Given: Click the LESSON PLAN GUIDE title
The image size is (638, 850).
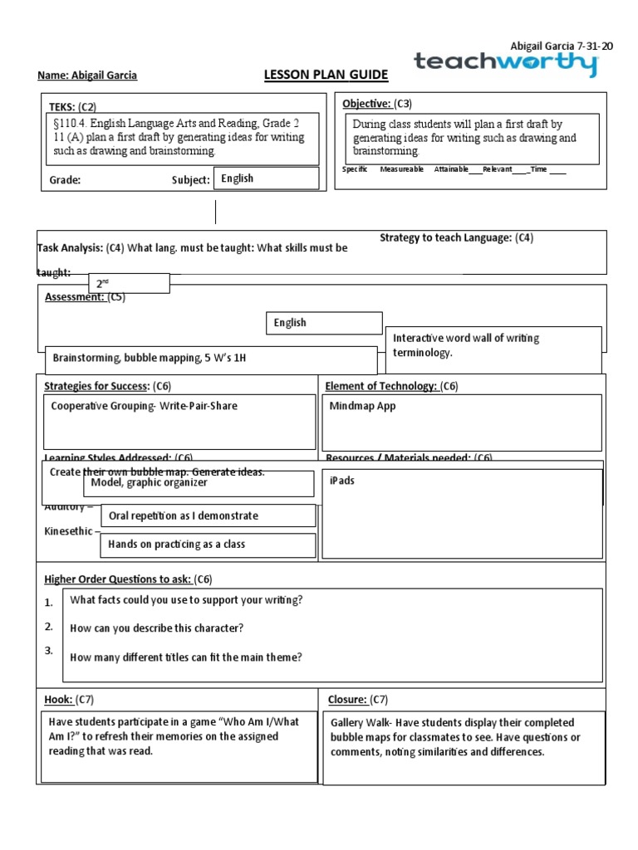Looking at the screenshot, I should click(326, 76).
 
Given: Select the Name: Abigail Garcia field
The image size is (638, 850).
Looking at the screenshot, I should click(87, 76).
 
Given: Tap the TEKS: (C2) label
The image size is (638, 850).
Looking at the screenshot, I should click(73, 107).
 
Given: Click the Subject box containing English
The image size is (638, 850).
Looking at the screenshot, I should click(266, 178).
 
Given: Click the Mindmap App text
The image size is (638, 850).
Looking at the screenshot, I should click(362, 406).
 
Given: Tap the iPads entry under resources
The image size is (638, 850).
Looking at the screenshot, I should click(342, 481).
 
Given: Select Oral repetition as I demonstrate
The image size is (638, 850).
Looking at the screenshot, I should click(184, 515).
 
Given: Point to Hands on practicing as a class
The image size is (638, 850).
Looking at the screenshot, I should click(177, 545).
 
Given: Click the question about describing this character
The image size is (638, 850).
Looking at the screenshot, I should click(157, 628).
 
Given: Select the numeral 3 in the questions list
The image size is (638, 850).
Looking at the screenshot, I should click(49, 651).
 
